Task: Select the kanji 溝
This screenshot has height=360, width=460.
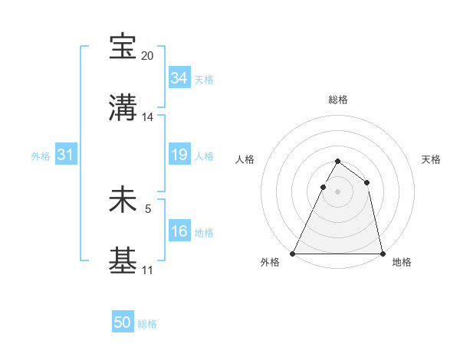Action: (123, 109)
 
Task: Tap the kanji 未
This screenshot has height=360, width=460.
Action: (123, 201)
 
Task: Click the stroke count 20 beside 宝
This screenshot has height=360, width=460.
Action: (148, 56)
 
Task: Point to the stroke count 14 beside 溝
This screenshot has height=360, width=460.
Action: (148, 117)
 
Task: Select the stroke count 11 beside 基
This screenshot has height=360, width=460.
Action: (147, 270)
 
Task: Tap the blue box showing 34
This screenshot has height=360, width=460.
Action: (179, 78)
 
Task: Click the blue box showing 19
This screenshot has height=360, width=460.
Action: (179, 155)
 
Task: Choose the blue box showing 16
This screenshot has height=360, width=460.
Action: (179, 231)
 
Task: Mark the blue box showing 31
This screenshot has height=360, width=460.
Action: (66, 155)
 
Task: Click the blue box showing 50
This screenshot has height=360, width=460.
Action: (123, 323)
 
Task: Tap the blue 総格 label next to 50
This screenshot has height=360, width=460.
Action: (147, 324)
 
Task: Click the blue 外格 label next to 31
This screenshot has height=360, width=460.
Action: (41, 155)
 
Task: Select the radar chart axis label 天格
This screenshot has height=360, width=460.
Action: (431, 159)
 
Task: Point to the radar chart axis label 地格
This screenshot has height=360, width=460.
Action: (402, 262)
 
